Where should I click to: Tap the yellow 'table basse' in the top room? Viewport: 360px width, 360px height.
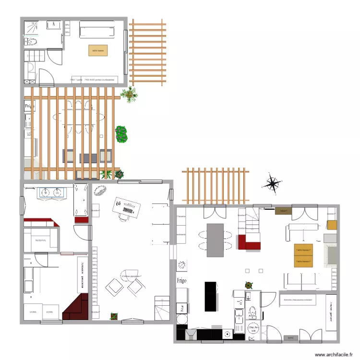point(98,50)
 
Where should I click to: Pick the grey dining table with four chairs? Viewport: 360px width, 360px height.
point(215,240)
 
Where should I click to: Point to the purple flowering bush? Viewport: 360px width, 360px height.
point(121,134)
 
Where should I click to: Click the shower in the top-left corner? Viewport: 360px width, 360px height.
point(33,28)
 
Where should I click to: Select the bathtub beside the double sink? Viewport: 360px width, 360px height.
point(80,200)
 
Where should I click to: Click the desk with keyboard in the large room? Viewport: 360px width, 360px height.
point(127,208)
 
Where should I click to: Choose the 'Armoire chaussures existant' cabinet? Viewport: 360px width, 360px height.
point(298,300)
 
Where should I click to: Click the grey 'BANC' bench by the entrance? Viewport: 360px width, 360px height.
point(290,337)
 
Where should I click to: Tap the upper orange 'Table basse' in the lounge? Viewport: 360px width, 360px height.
point(303,250)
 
